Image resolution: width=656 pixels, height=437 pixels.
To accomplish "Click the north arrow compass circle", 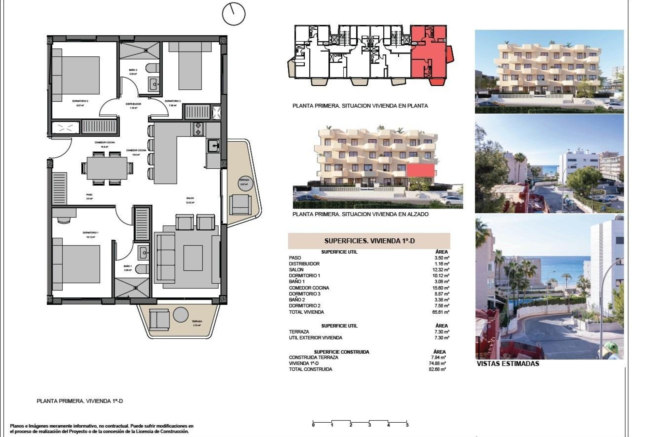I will coord(234,14).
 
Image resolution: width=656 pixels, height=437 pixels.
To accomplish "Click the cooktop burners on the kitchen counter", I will coord(198,129).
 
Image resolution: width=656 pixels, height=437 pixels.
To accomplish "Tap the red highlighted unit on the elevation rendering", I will coord(420,170).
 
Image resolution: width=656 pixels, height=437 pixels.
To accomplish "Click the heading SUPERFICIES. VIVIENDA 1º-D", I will coord(369,241).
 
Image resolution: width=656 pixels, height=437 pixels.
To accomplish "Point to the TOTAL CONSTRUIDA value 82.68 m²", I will coord(439,369).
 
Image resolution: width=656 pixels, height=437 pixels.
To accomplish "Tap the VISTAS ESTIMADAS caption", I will coord(508,364).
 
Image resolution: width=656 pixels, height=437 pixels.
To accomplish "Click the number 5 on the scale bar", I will coord(407,425).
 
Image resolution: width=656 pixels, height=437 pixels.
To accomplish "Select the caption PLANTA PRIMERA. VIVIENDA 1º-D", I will coord(80,401).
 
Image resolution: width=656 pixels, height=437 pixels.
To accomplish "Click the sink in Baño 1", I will coord(143,253).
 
